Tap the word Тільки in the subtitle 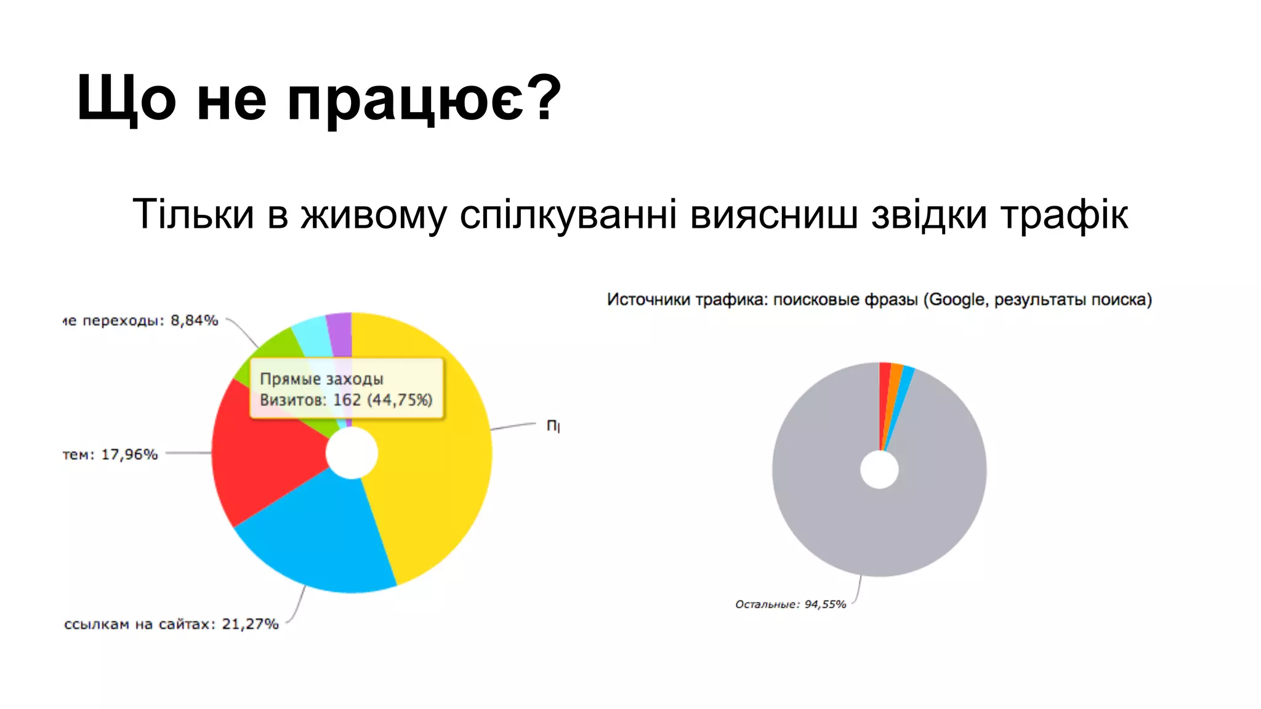tap(193, 215)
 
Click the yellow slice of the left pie tap(431, 480)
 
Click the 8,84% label tap(195, 321)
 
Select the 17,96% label tap(129, 455)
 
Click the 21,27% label tap(250, 624)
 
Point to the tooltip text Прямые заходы tap(321, 379)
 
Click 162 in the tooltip tap(347, 400)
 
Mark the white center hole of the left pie tap(352, 453)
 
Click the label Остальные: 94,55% tap(791, 604)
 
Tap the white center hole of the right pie tap(879, 470)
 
